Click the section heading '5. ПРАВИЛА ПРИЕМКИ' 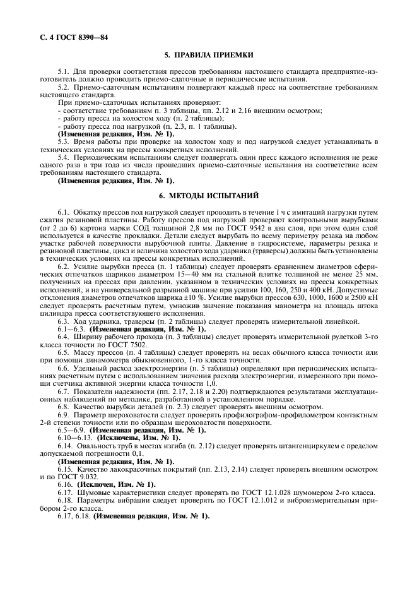pos(208,56)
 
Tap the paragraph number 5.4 pos(63,156)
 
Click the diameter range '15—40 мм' pos(164,275)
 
